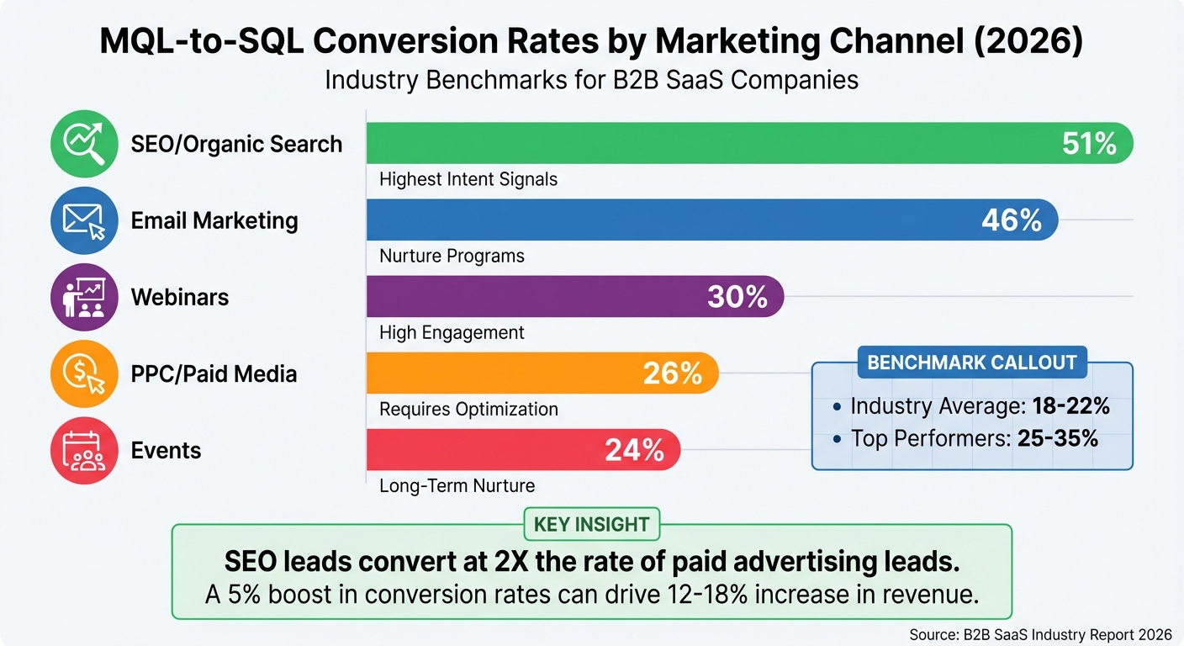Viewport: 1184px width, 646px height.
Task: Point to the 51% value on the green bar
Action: point(1089,144)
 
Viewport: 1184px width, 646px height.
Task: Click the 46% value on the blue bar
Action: point(1012,220)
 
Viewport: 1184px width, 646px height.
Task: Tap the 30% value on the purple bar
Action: point(737,297)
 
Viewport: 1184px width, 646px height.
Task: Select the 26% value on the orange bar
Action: point(672,373)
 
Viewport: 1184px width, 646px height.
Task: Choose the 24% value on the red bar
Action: point(634,450)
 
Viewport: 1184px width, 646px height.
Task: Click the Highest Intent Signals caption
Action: point(468,179)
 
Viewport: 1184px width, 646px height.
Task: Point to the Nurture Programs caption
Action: point(452,256)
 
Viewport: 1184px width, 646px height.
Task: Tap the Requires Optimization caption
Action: point(468,409)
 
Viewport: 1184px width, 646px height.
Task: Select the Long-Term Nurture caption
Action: point(457,485)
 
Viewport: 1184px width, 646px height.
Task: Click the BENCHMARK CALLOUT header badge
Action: point(971,363)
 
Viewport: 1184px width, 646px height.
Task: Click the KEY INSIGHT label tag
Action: point(592,525)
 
